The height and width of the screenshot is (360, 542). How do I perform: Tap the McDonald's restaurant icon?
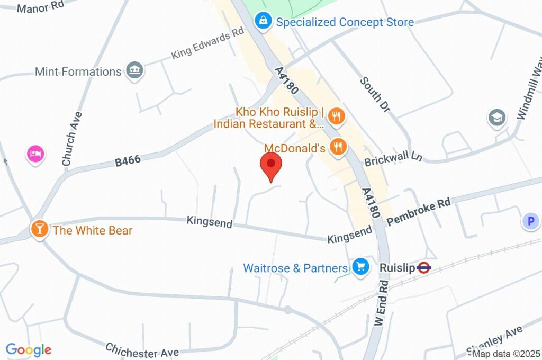click(338, 147)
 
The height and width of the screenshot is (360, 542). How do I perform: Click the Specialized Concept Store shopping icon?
click(263, 21)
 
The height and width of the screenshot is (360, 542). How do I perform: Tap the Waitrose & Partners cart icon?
click(360, 267)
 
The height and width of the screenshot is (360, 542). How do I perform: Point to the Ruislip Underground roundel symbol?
click(424, 268)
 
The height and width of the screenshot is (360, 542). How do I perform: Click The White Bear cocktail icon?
click(39, 229)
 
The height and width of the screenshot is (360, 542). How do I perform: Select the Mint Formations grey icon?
click(135, 70)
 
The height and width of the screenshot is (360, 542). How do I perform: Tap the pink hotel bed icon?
click(35, 154)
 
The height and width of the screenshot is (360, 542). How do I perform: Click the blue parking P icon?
click(530, 221)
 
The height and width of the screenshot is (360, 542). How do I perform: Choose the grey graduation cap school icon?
click(496, 118)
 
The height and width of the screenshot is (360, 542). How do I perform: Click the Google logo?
click(29, 350)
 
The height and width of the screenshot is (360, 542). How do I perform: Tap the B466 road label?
click(128, 160)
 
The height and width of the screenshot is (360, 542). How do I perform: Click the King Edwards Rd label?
click(207, 44)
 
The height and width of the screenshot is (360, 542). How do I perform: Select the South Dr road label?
click(375, 94)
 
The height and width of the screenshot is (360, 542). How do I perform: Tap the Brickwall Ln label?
click(393, 158)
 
